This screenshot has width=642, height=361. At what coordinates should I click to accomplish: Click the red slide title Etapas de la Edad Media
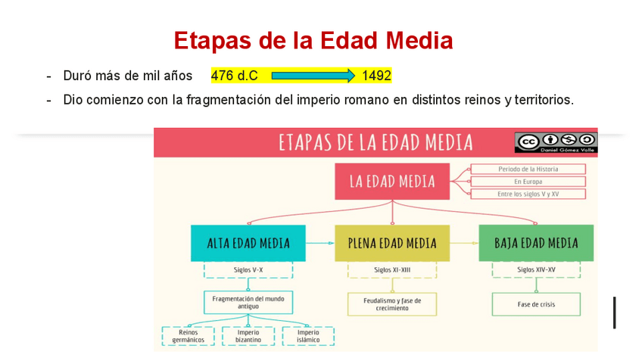[x=313, y=40]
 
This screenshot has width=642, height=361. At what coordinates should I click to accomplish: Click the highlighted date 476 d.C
[x=234, y=76]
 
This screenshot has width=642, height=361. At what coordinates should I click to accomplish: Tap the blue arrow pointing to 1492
[x=313, y=76]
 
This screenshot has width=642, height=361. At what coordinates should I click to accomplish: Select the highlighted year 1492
[x=376, y=76]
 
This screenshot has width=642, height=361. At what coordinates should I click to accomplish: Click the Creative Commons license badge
[x=556, y=141]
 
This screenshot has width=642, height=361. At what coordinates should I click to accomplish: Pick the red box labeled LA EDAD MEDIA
[x=392, y=182]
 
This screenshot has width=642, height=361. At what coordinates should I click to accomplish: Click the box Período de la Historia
[x=528, y=170]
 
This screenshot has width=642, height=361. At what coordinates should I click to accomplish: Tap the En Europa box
[x=528, y=182]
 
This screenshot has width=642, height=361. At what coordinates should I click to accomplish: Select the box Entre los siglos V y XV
[x=528, y=195]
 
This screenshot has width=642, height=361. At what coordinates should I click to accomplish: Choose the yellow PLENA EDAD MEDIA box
[x=392, y=243]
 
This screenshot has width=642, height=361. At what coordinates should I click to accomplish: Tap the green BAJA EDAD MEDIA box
[x=536, y=243]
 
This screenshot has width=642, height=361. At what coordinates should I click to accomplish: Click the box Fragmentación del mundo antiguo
[x=248, y=303]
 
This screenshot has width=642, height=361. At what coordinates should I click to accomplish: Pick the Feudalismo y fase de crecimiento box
[x=392, y=304]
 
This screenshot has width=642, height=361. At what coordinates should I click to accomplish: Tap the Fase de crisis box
[x=536, y=304]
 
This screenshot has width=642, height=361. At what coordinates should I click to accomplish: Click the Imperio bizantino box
[x=248, y=336]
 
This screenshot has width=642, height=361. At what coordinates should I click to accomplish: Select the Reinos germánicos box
[x=188, y=336]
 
